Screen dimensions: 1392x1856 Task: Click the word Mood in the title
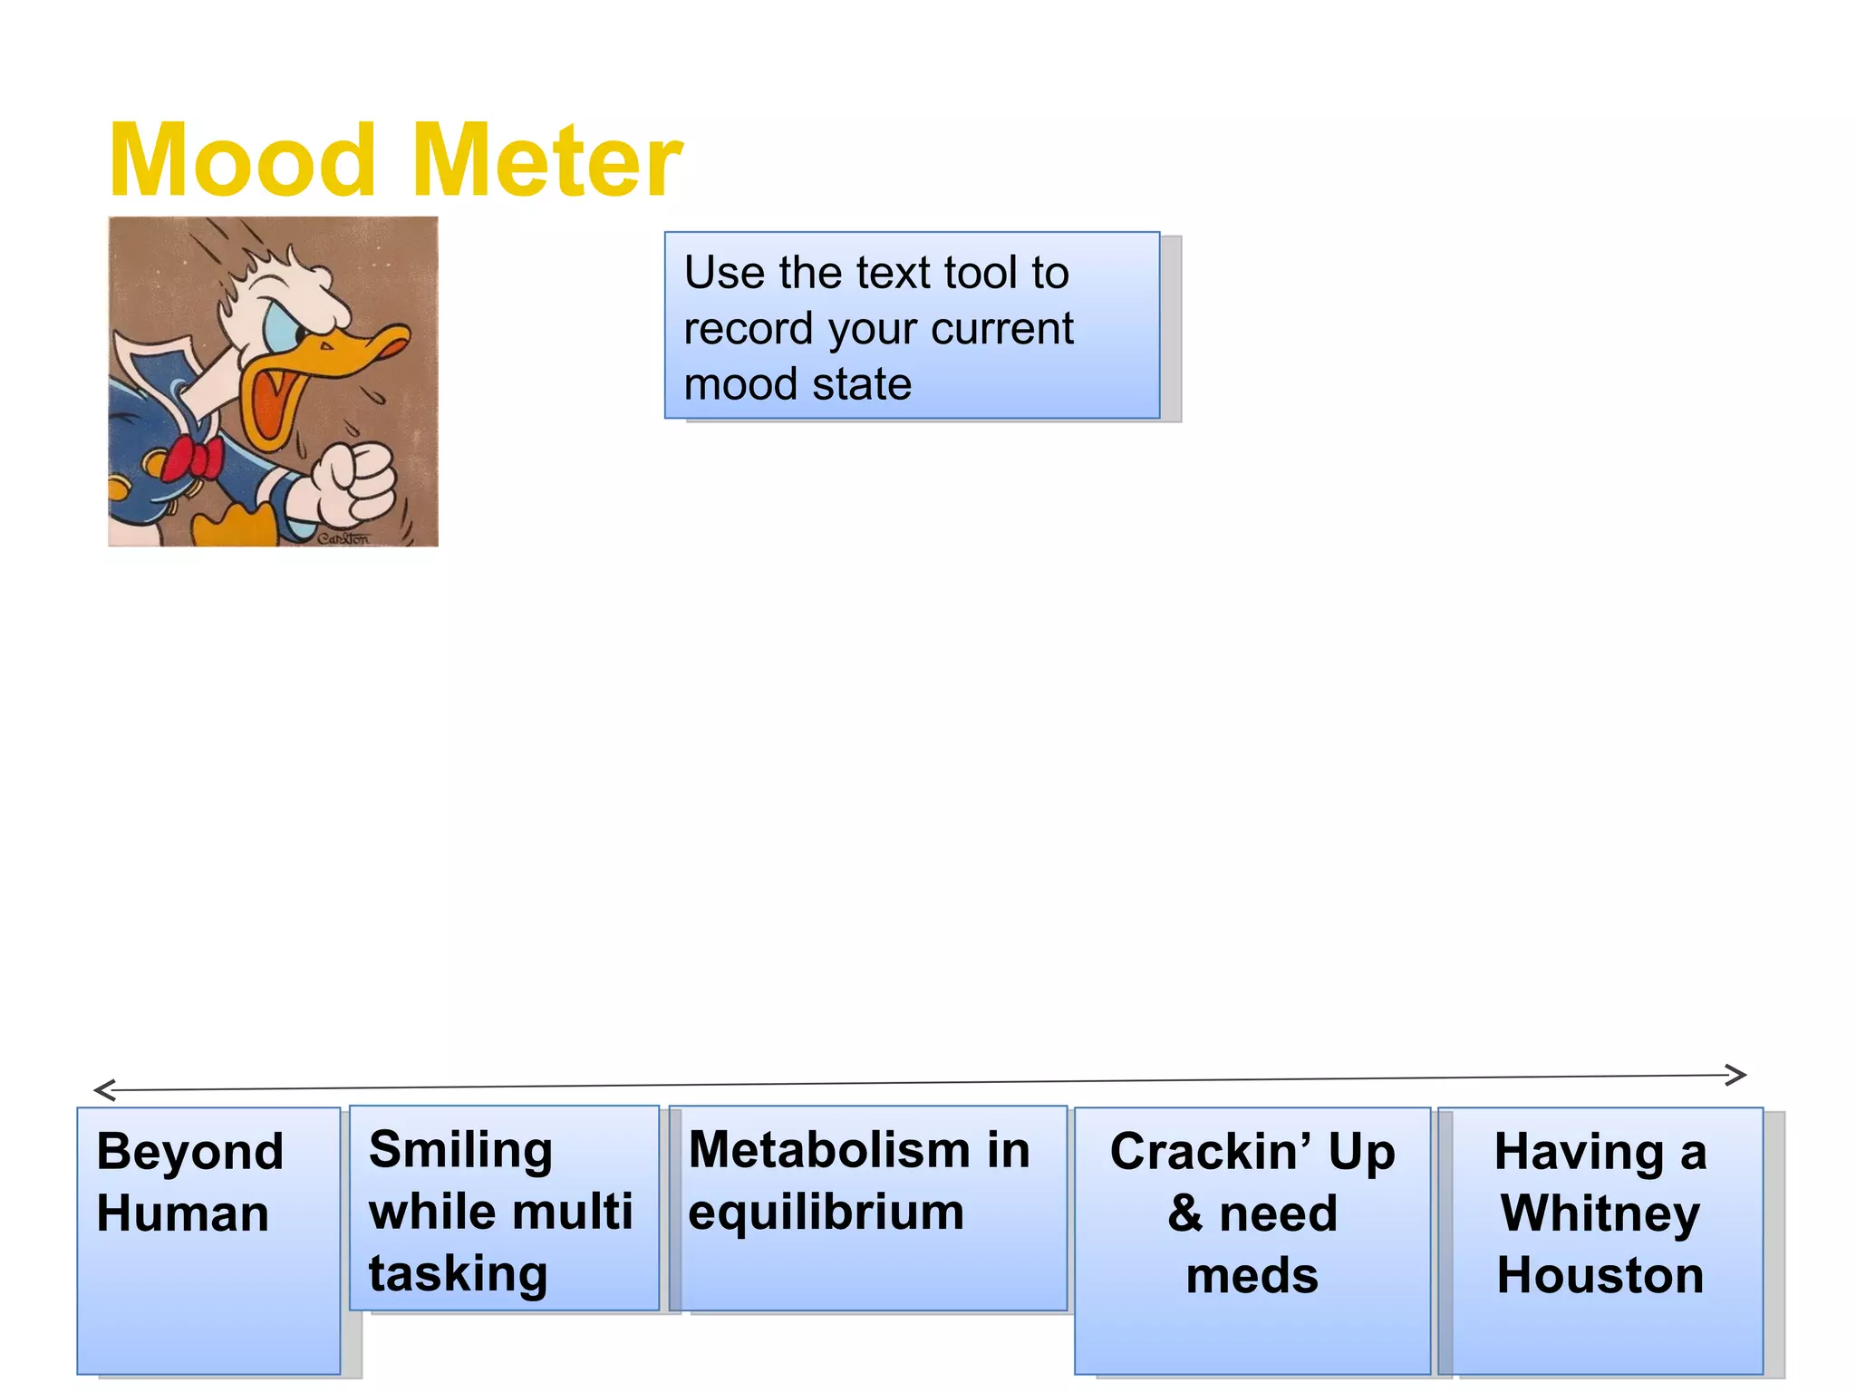(x=242, y=161)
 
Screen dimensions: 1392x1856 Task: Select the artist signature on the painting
(x=343, y=538)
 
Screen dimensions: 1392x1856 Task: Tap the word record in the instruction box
(x=749, y=329)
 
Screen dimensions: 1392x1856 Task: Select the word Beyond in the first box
(x=190, y=1153)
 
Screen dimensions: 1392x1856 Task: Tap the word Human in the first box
(x=183, y=1214)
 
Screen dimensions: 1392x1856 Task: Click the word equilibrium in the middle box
(x=826, y=1213)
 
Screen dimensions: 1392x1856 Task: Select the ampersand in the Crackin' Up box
(x=1184, y=1214)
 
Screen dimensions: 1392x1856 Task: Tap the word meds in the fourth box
(x=1252, y=1276)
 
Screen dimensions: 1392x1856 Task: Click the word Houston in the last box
(x=1600, y=1276)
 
